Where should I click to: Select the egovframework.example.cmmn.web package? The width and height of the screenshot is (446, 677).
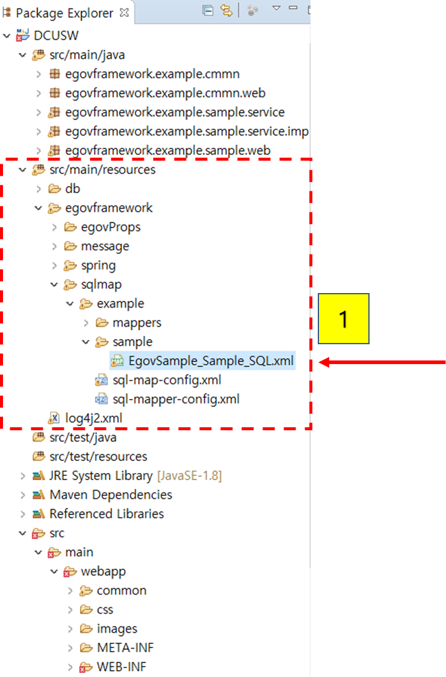165,93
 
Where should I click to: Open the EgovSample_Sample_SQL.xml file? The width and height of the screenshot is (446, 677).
211,361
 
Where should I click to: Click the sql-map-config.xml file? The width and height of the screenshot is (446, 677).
167,380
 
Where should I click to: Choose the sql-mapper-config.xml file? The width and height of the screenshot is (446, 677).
176,399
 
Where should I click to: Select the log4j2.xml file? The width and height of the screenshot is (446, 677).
89,418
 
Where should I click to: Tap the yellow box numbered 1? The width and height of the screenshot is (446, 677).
343,319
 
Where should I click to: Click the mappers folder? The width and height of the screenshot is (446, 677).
137,323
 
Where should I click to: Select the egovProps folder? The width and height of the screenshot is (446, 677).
111,227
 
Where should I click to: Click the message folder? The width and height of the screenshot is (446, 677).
105,246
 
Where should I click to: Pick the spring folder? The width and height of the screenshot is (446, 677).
98,265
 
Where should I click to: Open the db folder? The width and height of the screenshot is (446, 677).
72,188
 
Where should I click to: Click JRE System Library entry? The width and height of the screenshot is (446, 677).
101,475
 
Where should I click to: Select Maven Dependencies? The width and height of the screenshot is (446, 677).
111,495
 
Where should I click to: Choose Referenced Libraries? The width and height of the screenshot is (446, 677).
107,514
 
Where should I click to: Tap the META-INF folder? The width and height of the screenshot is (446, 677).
125,648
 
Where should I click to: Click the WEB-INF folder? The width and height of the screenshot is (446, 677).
121,667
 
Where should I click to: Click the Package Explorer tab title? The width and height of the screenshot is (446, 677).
64,13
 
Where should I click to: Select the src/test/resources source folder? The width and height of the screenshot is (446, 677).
98,456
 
